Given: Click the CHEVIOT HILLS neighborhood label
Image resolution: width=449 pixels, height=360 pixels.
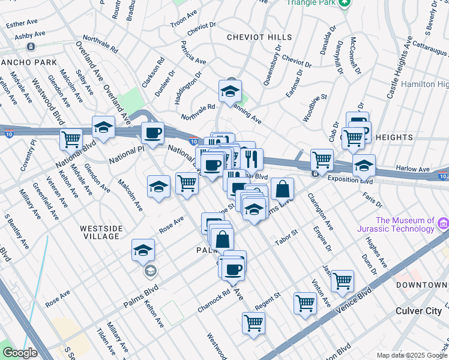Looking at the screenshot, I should click(259, 37).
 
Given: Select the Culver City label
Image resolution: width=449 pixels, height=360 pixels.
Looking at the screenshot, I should click(418, 311).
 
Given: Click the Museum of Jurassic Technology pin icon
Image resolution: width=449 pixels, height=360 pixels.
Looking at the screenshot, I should click(443, 224).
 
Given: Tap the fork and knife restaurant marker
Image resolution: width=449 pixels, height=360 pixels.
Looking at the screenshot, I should click(252, 158).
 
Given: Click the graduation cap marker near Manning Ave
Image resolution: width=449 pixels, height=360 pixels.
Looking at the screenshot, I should click(230, 91).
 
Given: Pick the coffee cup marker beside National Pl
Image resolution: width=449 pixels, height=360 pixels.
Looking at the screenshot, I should click(152, 133).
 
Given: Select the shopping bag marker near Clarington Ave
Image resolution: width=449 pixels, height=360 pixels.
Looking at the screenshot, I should click(282, 189).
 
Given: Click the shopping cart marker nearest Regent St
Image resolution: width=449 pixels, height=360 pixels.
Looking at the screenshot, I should click(305, 303).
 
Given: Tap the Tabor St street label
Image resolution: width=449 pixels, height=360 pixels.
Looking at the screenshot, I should click(286, 233).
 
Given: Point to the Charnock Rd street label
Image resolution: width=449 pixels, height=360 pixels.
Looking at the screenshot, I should click(214, 303).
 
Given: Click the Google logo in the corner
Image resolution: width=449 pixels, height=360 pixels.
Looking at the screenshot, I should click(20, 353).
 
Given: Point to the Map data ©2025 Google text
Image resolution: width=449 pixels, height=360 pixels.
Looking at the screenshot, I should click(411, 355).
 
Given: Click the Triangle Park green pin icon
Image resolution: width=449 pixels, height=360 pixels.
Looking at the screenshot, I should click(343, 4).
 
